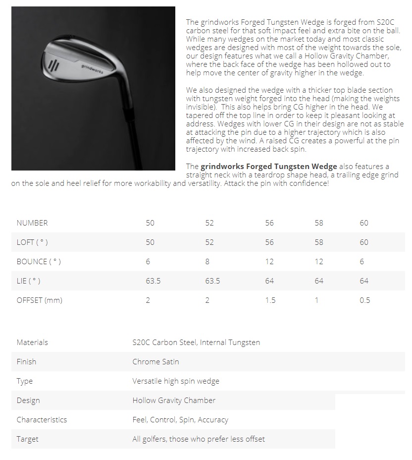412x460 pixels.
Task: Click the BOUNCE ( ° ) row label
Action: coord(39,261)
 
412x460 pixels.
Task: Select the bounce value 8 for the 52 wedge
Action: coord(207,261)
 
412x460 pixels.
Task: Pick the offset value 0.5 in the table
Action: coord(364,300)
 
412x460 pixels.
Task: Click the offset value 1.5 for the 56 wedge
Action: coord(270,300)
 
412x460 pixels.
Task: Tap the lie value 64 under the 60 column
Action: coord(364,281)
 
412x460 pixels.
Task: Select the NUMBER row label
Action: coord(32,223)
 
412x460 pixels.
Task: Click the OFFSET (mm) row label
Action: coord(40,300)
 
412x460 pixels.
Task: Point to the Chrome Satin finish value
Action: coord(155,361)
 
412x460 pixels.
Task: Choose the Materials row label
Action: coord(32,342)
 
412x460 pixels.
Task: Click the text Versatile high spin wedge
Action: coord(176,381)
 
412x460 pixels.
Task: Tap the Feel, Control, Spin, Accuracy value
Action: coord(180,419)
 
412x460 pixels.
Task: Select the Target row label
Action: coord(27,439)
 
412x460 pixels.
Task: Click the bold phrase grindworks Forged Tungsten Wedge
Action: coord(268,166)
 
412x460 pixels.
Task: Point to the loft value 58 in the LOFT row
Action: coord(318,242)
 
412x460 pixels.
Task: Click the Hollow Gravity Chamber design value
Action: coord(174,400)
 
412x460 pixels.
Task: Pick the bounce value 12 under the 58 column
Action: coord(318,261)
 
